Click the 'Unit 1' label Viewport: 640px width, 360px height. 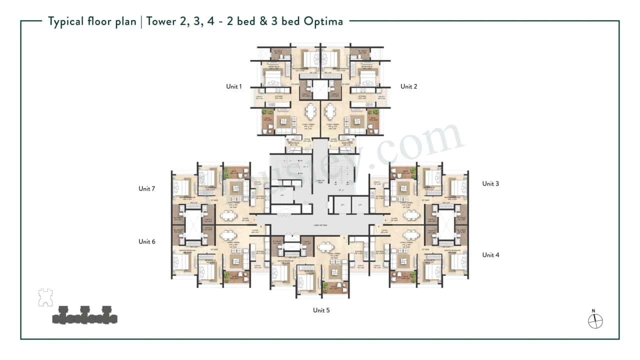pos(234,86)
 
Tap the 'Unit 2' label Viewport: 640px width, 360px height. pos(408,86)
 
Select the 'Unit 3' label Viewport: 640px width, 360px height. pos(490,183)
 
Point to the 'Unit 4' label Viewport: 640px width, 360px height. pos(490,255)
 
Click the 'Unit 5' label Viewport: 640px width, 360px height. pos(321,310)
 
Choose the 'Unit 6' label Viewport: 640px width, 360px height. pos(147,241)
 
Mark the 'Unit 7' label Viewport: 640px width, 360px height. pos(147,188)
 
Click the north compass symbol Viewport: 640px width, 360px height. pos(595,321)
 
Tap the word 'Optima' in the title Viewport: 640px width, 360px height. pos(325,21)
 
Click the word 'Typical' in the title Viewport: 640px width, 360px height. pos(66,21)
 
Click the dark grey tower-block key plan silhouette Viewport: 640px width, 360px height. pos(84,315)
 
